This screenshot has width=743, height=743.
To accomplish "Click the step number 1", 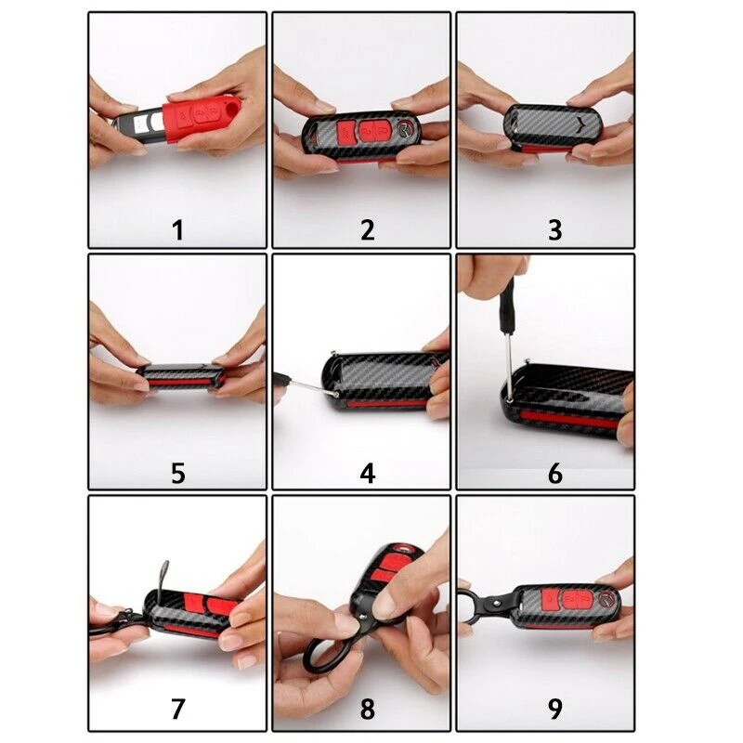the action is [177, 230].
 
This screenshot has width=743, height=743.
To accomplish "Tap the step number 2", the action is [367, 230].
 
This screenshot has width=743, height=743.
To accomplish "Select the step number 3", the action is [554, 230].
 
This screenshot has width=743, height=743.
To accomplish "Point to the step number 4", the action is [368, 473].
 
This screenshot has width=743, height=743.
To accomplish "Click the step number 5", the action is [178, 473].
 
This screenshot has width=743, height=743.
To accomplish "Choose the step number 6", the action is [554, 473].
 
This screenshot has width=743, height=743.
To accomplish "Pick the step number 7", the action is [177, 709].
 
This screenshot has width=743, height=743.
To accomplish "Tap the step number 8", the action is [367, 709].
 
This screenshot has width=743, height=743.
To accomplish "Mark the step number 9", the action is [554, 709].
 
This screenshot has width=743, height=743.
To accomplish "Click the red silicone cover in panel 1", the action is [198, 120].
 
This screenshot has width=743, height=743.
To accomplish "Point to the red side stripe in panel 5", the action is [180, 382].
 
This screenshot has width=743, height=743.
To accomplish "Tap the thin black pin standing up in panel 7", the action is [162, 576].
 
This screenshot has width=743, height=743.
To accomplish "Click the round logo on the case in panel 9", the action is [607, 601].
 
